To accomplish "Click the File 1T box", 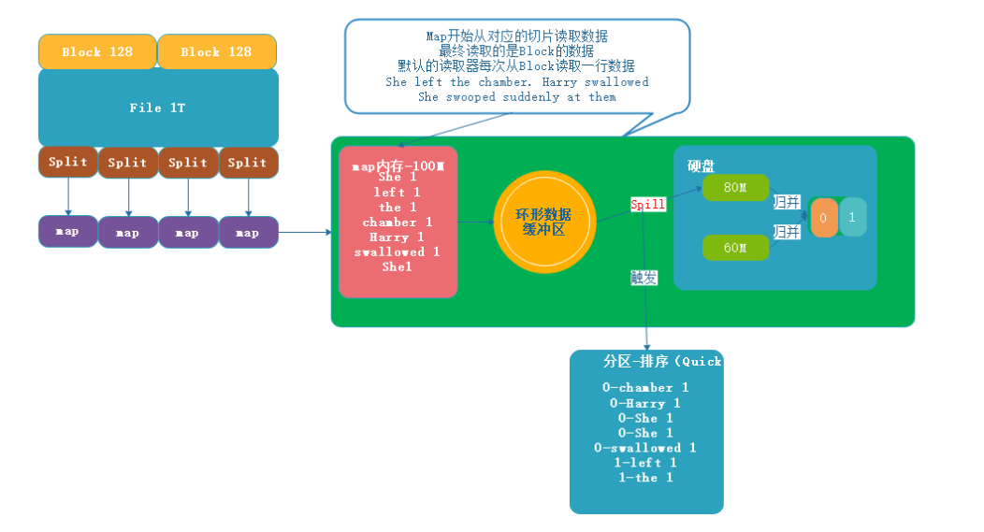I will [158, 108].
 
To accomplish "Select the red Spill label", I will [647, 204].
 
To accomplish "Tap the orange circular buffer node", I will [544, 222].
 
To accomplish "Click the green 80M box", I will [735, 187].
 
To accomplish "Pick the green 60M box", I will [735, 248].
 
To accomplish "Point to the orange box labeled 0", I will [823, 217].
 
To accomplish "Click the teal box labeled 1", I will [852, 217].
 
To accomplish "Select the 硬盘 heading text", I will [701, 165].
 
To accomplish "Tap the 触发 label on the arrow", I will [644, 278].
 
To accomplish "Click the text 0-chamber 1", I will [645, 388].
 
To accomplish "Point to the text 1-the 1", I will [645, 478].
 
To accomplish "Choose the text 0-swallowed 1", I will [645, 448].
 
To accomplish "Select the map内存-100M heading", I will [398, 166].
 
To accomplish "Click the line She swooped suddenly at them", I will [517, 97].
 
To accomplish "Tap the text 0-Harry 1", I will [645, 403].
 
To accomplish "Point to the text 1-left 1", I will [645, 463].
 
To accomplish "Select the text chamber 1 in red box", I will [398, 223].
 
